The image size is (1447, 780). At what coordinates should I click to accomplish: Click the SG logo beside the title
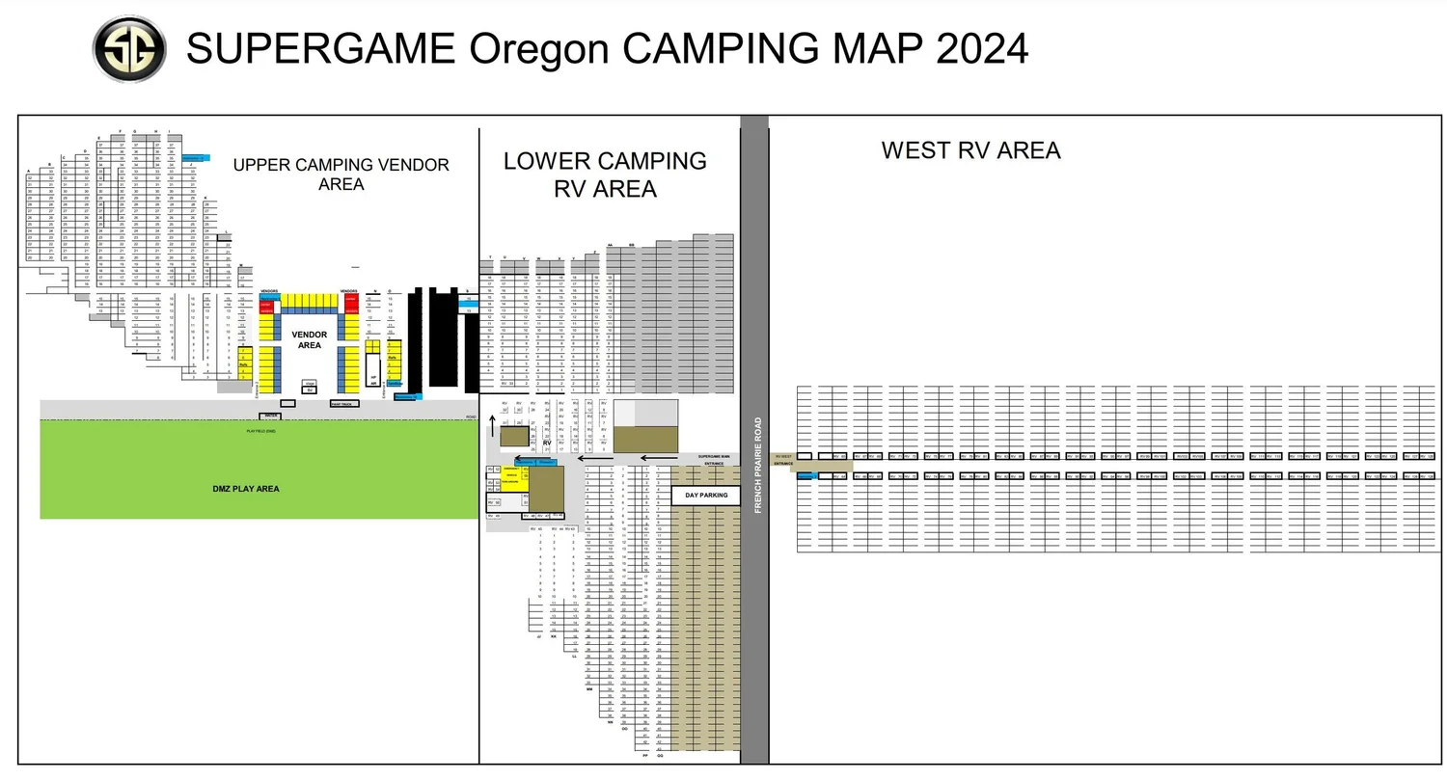coord(128,49)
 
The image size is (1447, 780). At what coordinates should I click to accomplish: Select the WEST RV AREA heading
coord(970,150)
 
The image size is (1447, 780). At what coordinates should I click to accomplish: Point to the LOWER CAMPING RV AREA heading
coord(605,175)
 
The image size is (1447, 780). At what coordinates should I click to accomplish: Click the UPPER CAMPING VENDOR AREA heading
coord(341,174)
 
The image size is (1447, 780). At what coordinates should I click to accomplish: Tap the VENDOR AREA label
coord(310,339)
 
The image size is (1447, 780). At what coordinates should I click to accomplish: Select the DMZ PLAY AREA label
coord(246,489)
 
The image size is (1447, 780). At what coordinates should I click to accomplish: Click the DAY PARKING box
coord(706,496)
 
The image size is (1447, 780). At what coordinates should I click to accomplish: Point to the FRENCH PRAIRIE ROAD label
coord(758,465)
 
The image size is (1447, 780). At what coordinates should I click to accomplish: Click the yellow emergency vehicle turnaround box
coord(508,478)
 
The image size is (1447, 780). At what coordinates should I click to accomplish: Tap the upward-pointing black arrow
coord(492,425)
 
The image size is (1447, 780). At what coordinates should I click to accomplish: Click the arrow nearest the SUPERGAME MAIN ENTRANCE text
coord(659,458)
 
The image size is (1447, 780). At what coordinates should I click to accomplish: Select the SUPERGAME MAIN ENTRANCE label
coord(713,459)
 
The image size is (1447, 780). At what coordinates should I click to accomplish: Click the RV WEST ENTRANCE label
coord(783,460)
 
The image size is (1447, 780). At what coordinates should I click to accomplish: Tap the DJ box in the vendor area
coord(310,387)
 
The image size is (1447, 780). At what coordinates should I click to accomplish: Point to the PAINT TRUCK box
coord(344,404)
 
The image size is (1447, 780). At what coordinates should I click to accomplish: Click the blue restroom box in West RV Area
coord(806,476)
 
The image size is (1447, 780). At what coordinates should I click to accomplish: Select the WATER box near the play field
coord(272,416)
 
